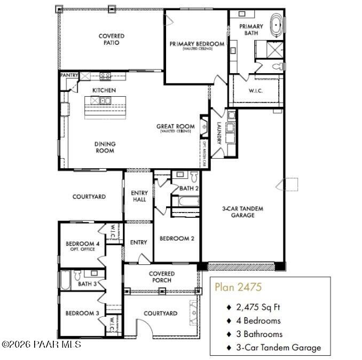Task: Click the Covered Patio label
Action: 112,39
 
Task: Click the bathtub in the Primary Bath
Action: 277,25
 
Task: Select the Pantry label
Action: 69,76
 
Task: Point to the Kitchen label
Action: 104,90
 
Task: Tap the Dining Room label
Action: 105,147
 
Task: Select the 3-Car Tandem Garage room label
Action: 243,212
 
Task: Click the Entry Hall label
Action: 138,196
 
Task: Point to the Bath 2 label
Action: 188,188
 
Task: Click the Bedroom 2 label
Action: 177,238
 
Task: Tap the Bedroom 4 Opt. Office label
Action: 80,246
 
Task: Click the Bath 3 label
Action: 87,284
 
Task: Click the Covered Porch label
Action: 161,277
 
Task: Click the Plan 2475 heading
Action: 238,287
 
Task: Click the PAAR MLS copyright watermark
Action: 41,345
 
